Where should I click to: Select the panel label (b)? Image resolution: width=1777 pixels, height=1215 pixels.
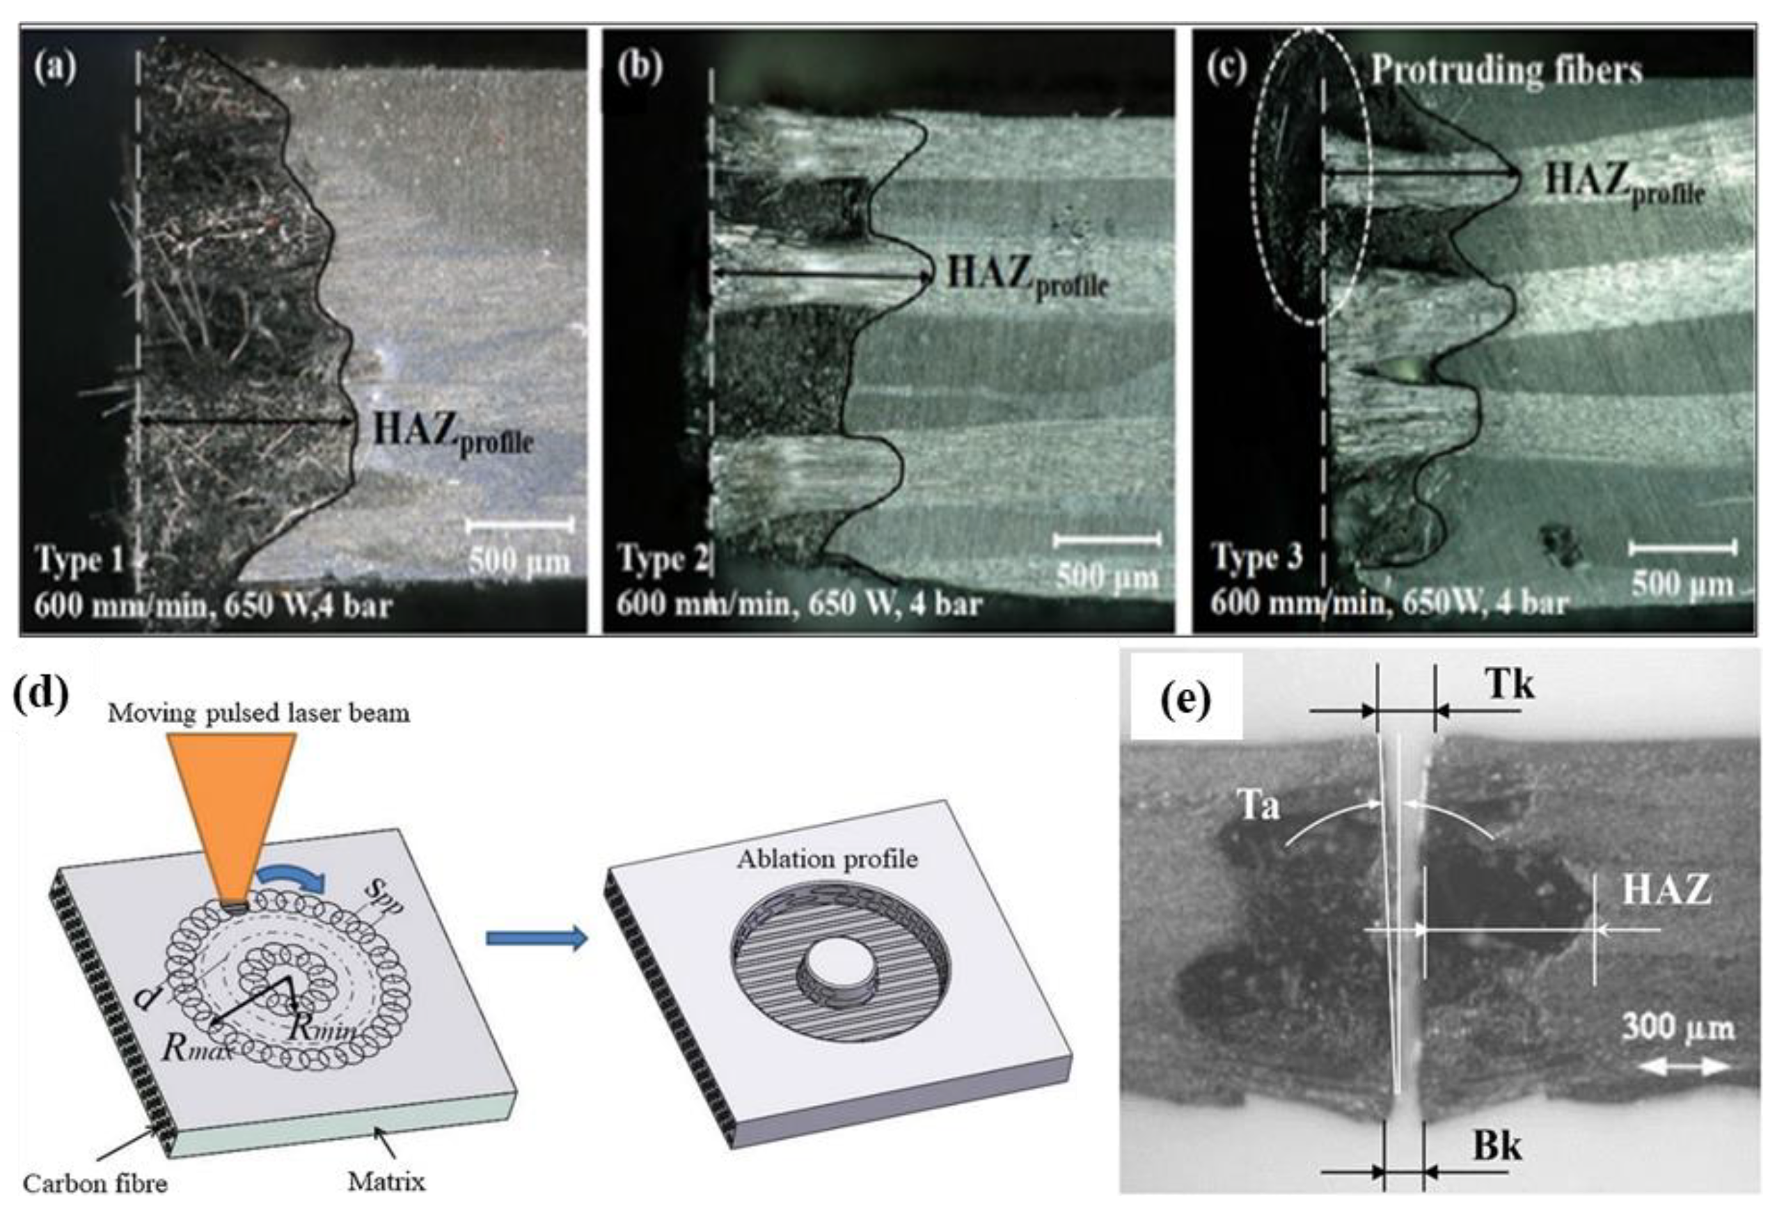point(638,68)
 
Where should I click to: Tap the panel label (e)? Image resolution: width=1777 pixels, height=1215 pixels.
point(1185,698)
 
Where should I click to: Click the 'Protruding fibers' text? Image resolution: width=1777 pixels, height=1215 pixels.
point(1506,70)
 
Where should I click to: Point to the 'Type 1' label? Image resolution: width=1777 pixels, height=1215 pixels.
point(79,560)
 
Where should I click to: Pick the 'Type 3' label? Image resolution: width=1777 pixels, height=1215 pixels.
point(1257,558)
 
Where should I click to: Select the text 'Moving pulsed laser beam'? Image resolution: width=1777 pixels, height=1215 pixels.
point(258,713)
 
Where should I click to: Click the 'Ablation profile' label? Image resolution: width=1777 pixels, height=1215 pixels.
point(827,859)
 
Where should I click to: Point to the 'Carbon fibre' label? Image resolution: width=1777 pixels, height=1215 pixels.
point(95,1184)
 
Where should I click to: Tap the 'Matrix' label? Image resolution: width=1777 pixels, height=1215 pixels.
point(386,1182)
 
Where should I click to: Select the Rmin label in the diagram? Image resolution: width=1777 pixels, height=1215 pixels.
point(322,1029)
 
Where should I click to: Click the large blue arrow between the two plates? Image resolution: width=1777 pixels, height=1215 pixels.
point(536,937)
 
